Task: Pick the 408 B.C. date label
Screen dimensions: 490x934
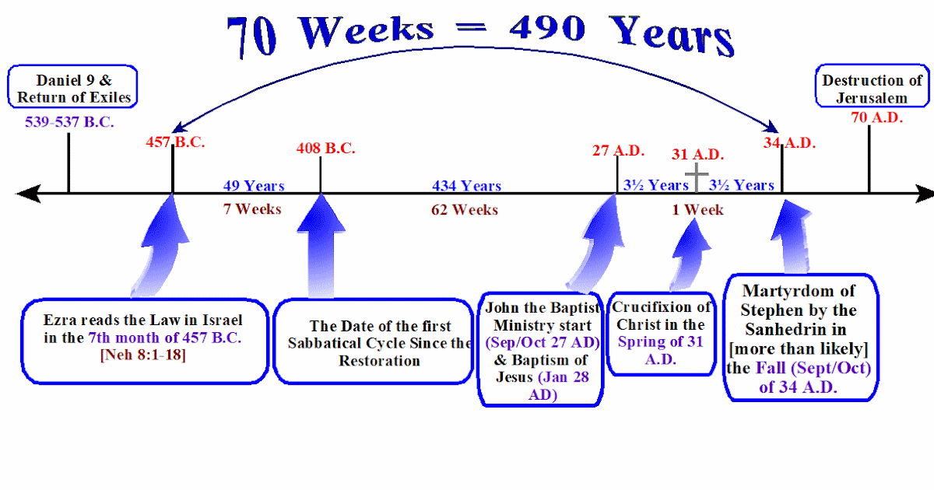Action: (x=325, y=148)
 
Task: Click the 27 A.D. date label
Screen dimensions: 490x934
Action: (x=616, y=149)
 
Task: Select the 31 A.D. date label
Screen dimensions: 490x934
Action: (x=697, y=155)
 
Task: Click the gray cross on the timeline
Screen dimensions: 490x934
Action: (x=697, y=177)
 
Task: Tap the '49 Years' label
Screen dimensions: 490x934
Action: (x=254, y=186)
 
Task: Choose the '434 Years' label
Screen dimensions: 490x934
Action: (x=466, y=186)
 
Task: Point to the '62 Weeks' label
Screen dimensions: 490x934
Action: (x=465, y=210)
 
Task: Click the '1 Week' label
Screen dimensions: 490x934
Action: (x=697, y=210)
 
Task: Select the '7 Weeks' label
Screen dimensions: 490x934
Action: (x=252, y=209)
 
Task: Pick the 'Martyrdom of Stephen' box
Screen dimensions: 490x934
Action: (x=800, y=338)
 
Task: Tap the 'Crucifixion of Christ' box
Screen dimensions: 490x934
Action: (x=662, y=333)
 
